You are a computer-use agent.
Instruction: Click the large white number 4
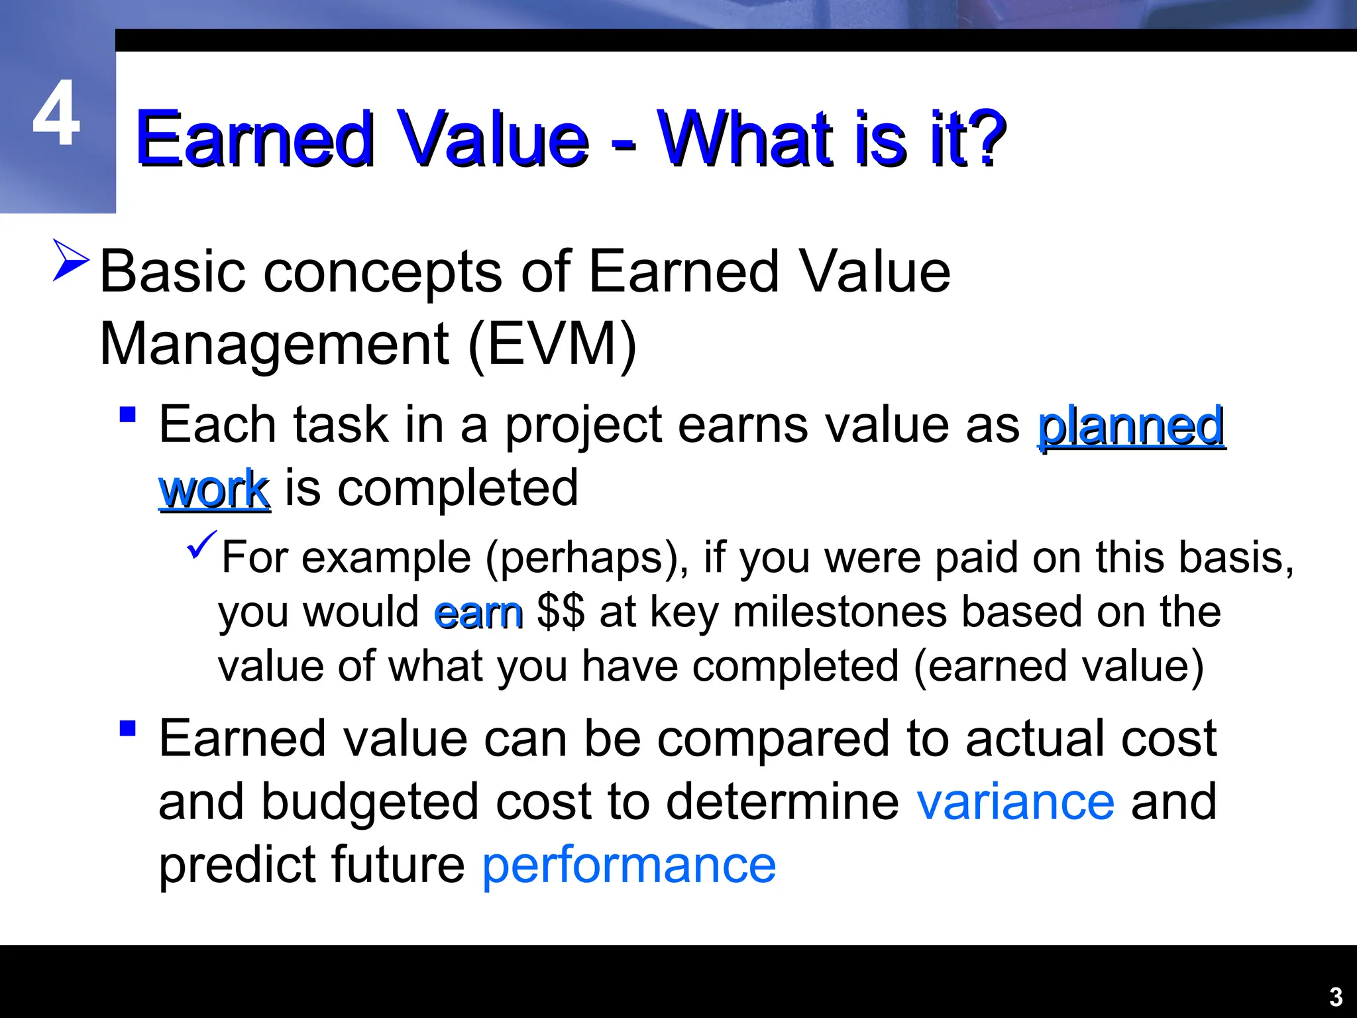(x=57, y=114)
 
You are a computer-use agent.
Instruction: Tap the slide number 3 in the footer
(x=1336, y=997)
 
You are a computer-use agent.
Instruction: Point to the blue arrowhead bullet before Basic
(x=71, y=260)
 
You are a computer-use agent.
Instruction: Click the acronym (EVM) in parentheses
(x=552, y=345)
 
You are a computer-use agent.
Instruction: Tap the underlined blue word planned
(x=1131, y=425)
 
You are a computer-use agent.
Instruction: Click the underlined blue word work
(x=214, y=489)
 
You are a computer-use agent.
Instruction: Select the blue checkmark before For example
(x=201, y=544)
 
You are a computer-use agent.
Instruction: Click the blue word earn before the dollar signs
(x=478, y=612)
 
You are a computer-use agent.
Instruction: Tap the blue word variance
(x=1015, y=802)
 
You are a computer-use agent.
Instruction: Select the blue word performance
(x=628, y=865)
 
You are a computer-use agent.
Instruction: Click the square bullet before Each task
(x=128, y=416)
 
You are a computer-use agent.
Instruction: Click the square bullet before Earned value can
(x=128, y=728)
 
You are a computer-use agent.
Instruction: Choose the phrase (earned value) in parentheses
(x=1058, y=667)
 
